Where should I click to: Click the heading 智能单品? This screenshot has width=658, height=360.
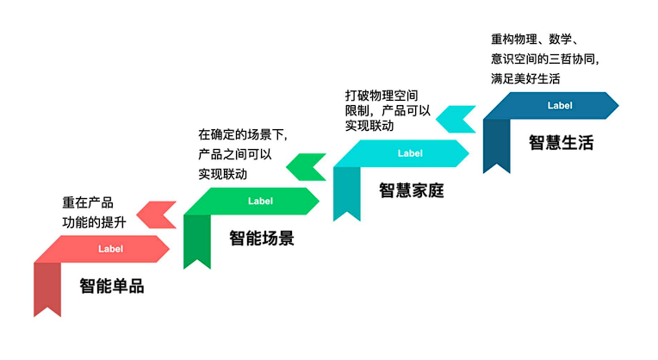pos(112,286)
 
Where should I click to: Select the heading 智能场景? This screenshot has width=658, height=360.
pos(262,239)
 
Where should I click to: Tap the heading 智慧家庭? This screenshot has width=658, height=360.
pos(412,190)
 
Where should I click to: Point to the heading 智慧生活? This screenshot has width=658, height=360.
pos(562,143)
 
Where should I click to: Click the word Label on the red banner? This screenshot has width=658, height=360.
pos(111,249)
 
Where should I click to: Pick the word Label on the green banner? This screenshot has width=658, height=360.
pos(261,201)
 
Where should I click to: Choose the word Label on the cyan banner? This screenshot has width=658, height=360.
pos(411,153)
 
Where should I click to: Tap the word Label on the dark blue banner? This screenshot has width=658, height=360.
pos(560,105)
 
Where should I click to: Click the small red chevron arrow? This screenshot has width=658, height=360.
pos(158,214)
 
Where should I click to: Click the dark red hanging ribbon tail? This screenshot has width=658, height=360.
pos(47,288)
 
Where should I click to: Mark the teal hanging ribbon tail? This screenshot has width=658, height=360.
pos(347,192)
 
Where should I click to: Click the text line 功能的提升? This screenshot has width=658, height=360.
pos(94,222)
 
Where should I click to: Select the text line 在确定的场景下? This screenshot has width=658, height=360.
pos(242,134)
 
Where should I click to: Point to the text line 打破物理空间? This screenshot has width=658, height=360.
pos(382,96)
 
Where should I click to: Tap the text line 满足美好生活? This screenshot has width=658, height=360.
pos(525,78)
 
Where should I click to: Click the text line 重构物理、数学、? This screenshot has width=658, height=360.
pos(536,40)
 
